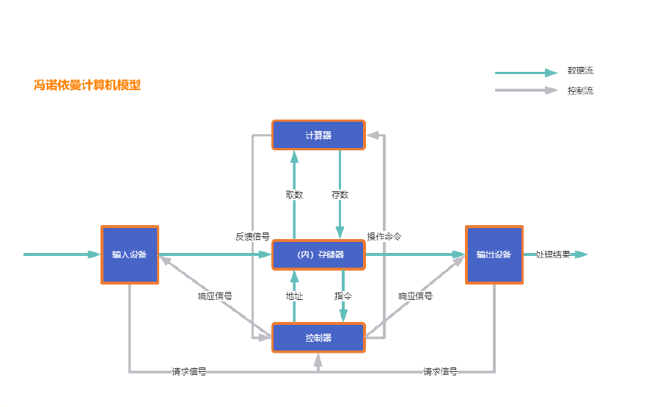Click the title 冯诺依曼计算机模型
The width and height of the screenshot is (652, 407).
(x=87, y=85)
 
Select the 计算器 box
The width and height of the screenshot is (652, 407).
(x=318, y=136)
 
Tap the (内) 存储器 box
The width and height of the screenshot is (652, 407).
(x=318, y=254)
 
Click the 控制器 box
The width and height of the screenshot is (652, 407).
(x=318, y=338)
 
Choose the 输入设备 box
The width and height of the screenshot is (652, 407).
(x=130, y=254)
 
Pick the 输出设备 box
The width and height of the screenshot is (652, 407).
(x=494, y=254)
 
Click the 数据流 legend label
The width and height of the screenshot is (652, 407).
(x=580, y=71)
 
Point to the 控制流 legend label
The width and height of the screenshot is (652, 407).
(x=580, y=91)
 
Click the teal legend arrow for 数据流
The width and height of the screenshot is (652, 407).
(x=526, y=73)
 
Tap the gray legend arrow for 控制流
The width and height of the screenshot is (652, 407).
(x=526, y=90)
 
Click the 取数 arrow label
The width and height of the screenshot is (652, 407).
(x=294, y=195)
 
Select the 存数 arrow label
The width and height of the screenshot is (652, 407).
(x=340, y=195)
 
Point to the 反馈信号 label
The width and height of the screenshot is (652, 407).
(x=252, y=237)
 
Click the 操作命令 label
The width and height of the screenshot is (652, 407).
(x=384, y=237)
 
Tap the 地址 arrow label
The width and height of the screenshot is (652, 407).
(x=294, y=296)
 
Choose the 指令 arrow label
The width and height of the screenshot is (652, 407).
(x=343, y=296)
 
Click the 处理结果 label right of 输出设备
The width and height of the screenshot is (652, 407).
(x=553, y=254)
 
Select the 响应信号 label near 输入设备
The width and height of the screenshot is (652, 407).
(x=215, y=296)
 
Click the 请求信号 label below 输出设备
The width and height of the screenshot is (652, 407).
(x=440, y=372)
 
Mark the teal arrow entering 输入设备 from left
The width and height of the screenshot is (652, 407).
(x=62, y=254)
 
